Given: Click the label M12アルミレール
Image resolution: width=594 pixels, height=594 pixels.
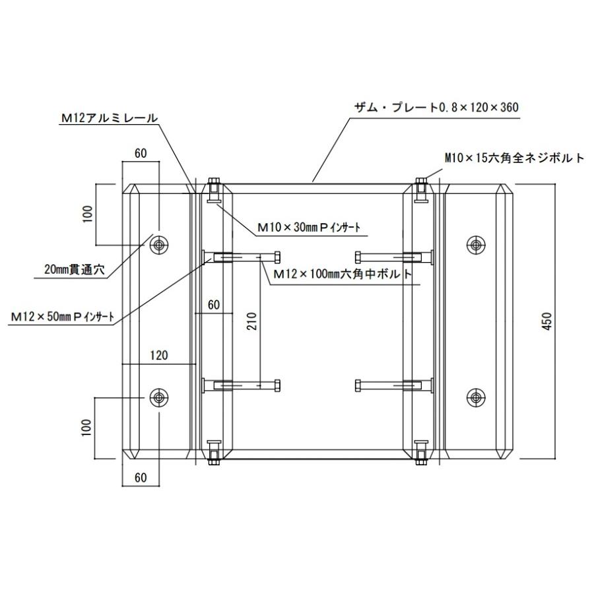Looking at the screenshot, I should (110, 118).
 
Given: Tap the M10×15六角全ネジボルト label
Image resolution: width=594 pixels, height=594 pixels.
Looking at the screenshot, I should (514, 158).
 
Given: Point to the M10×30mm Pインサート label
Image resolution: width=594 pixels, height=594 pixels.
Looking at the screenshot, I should (310, 228).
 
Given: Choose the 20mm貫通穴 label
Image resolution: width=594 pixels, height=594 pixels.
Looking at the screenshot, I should (70, 270).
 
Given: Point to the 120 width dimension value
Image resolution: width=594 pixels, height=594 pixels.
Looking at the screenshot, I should (158, 355).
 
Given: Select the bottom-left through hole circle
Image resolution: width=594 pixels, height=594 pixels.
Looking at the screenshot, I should (158, 397).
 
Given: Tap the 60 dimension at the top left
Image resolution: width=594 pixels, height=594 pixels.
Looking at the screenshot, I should (141, 153).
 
